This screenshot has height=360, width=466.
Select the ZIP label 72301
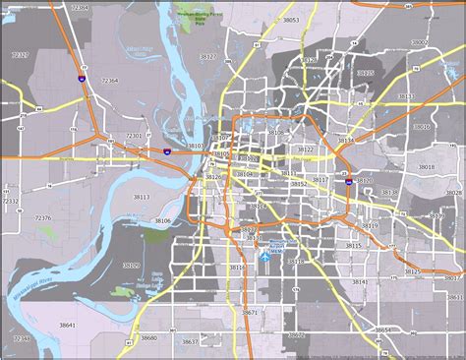tap(134, 136)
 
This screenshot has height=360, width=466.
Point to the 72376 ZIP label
tap(43, 218)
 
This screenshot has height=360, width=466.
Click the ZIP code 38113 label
tap(141, 197)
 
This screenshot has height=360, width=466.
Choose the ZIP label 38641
tap(67, 324)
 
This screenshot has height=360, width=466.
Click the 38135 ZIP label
tap(365, 74)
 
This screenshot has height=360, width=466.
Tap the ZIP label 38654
tap(384, 330)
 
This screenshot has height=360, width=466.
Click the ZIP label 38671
tap(249, 312)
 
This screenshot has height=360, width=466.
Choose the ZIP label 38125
tap(412, 270)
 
